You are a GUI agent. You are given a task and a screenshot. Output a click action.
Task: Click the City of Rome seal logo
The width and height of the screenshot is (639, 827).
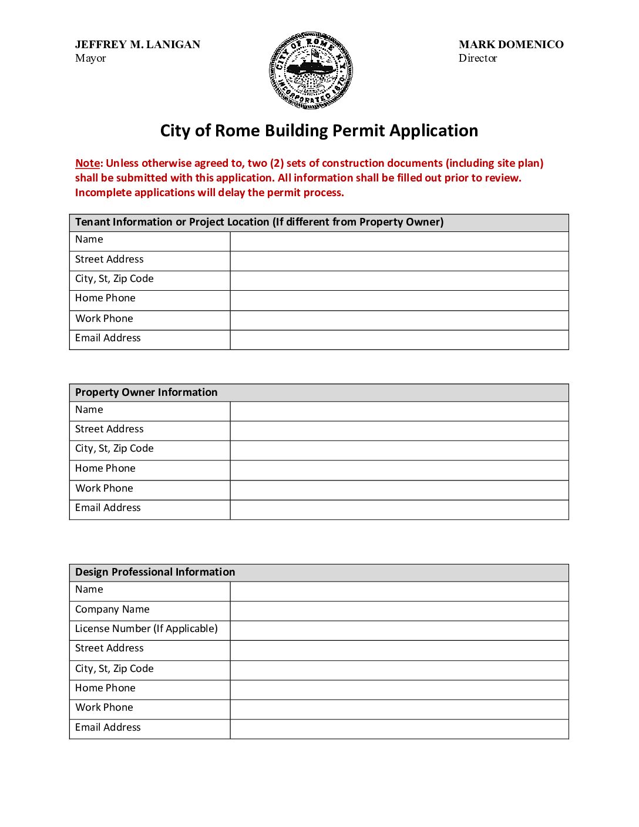pos(311,70)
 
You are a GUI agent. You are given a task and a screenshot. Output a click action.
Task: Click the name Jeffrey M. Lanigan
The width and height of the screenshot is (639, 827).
pos(137,45)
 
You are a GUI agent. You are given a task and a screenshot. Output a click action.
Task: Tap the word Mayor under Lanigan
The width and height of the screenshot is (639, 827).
pos(90,58)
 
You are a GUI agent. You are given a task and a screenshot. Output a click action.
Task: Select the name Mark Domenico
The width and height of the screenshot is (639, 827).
pos(511,45)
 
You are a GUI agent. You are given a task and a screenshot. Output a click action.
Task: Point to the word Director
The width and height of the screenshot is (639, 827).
pos(477,58)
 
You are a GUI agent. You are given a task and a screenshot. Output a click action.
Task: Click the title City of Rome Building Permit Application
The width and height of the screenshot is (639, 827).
pos(319,130)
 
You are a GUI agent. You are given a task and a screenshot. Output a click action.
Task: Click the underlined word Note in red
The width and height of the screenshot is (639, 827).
pos(88,163)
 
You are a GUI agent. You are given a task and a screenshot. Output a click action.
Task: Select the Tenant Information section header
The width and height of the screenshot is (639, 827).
pos(259,222)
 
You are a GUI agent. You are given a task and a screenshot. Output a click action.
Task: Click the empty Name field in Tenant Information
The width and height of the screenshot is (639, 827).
pos(399,241)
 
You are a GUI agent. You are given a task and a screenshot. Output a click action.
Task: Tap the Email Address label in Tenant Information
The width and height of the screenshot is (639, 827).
pos(108,338)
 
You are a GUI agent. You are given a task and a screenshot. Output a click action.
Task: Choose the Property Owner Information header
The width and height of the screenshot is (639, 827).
pos(146,392)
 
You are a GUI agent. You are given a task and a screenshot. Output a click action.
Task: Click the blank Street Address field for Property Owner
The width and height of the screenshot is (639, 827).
pos(399,431)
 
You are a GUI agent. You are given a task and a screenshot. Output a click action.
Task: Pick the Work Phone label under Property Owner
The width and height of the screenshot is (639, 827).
pos(104,489)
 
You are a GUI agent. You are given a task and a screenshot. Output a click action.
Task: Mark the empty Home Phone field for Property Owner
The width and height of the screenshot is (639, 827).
pos(399,470)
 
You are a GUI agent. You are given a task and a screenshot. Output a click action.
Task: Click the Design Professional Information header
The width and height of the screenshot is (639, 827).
pos(155,572)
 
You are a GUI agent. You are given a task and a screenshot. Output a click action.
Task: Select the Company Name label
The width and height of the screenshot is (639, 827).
pos(112,610)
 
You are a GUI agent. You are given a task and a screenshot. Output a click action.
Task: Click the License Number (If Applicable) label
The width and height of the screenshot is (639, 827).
pos(146,629)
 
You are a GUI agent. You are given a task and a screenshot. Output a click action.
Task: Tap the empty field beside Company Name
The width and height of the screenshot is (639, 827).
pos(399,611)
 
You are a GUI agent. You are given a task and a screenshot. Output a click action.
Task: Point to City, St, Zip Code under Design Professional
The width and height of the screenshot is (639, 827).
pos(115,669)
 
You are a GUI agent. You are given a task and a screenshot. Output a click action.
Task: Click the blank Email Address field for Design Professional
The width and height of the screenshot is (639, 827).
pos(399,729)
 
